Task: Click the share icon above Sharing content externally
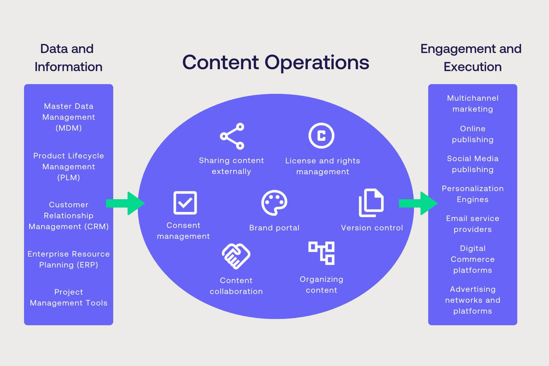232,136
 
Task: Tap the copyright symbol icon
321,136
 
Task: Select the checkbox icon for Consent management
185,203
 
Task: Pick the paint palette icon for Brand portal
274,203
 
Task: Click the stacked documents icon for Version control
371,203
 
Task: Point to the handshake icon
236,256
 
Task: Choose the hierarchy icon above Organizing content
321,253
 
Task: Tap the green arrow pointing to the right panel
418,203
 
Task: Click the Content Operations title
275,62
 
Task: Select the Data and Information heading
68,58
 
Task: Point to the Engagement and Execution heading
471,58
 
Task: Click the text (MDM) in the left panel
69,128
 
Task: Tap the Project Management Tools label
69,297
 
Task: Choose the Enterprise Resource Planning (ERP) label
69,259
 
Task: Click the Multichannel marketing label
473,104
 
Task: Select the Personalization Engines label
473,194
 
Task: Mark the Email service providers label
473,224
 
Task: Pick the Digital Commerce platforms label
473,259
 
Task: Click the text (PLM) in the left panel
69,178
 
